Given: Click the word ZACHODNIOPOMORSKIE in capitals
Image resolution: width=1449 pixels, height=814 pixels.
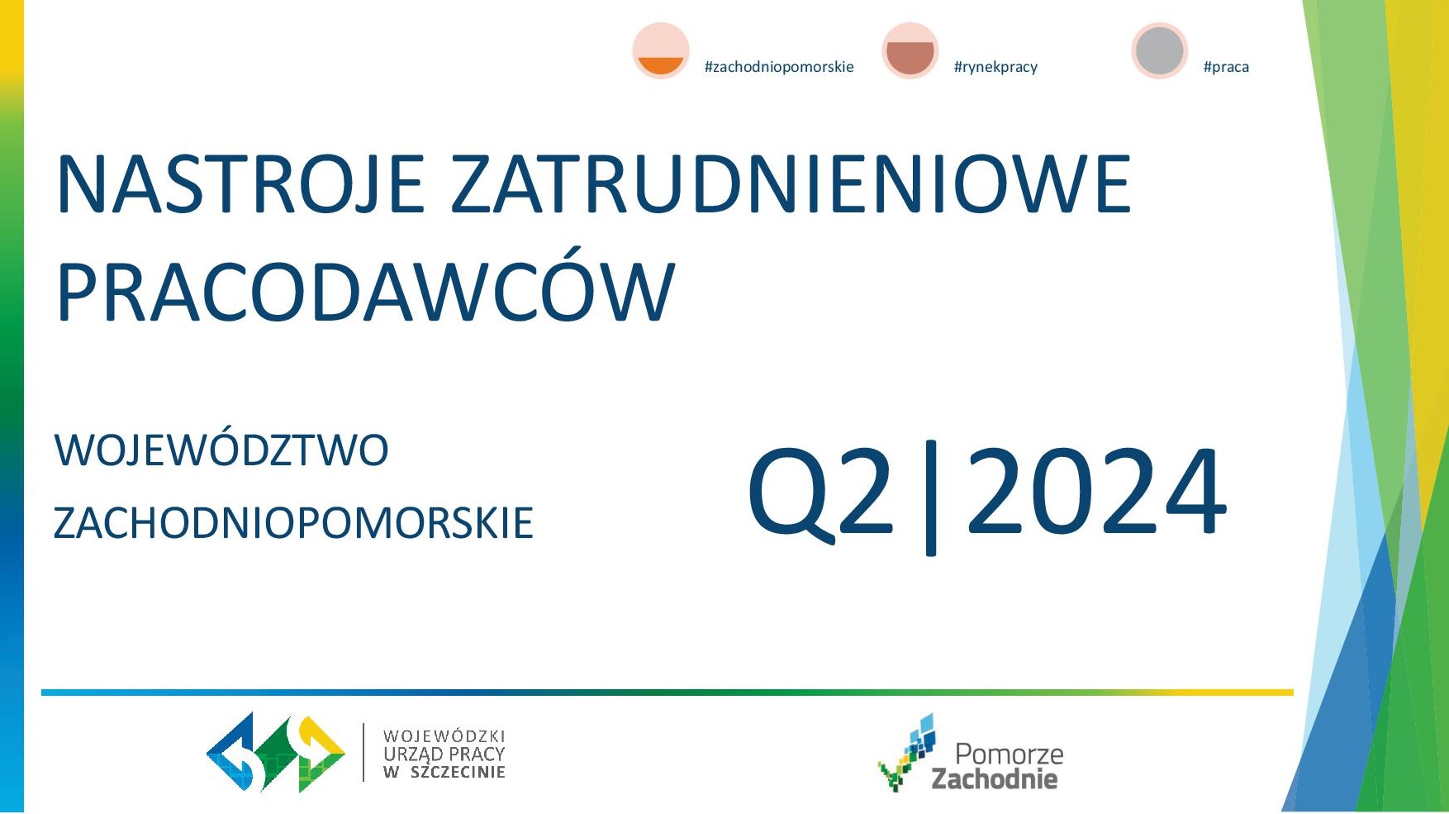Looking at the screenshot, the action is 293,523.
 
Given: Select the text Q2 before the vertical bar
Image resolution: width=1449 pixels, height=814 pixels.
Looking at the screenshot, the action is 821,493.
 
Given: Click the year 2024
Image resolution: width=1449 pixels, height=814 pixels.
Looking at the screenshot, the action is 1096,492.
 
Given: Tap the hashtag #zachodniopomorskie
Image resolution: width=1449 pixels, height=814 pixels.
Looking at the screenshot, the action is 779,67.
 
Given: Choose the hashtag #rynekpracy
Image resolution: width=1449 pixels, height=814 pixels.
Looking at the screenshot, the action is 995,67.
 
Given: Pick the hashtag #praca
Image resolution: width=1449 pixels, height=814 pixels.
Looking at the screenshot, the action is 1226,67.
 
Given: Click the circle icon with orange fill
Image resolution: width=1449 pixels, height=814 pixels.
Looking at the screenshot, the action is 661,50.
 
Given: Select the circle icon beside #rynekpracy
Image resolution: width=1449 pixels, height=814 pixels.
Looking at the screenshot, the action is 910,50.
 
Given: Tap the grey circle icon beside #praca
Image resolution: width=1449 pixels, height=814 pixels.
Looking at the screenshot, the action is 1160,50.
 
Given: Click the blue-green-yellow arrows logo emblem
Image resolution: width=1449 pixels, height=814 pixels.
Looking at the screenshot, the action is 276,752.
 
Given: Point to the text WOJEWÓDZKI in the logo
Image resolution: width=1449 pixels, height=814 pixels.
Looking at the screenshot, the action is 444,735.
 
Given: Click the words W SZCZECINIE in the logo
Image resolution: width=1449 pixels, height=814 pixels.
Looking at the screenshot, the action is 444,773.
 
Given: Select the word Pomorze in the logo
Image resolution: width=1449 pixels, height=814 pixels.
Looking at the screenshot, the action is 1010,754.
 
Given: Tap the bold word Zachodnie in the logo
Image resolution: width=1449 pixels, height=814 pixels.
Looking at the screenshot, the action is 995,778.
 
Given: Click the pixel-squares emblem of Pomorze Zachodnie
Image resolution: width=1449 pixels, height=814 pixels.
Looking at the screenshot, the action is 909,753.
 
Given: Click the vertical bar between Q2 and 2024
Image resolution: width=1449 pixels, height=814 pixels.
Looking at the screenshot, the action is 931,497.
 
